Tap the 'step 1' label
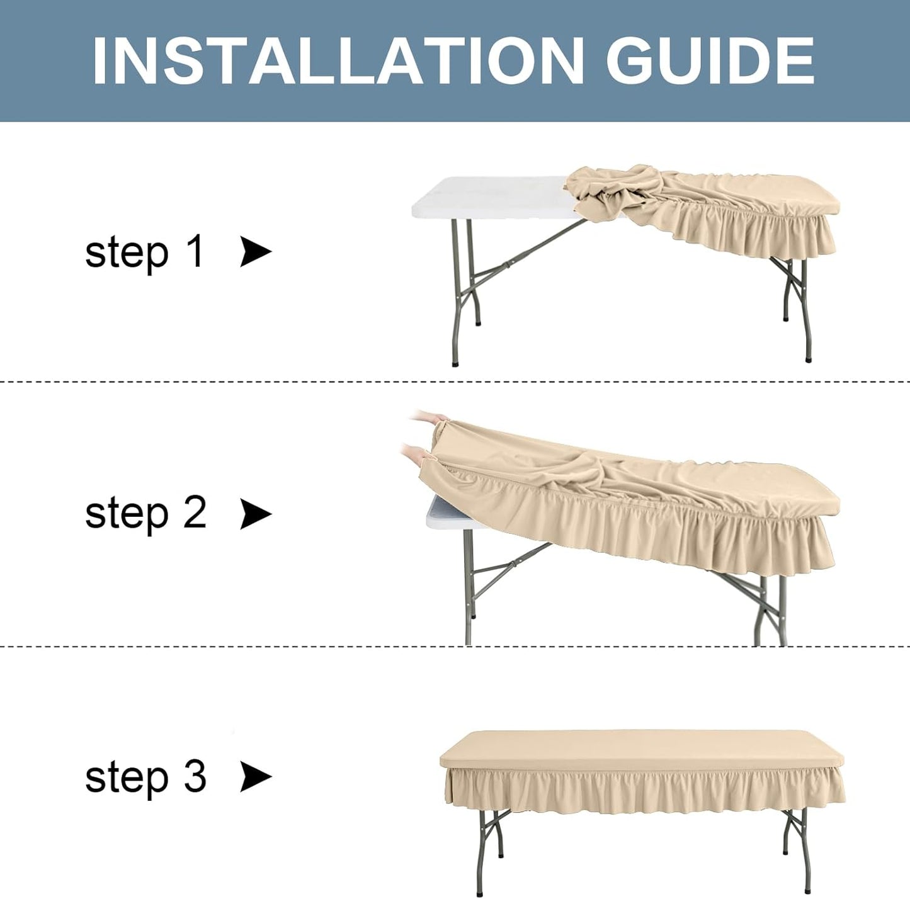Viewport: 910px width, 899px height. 145,252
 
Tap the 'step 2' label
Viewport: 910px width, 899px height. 145,513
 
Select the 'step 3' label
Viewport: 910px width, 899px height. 145,776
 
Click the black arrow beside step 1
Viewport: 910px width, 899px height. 256,252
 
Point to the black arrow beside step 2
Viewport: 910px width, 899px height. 256,514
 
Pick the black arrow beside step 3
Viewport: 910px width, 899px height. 256,777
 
